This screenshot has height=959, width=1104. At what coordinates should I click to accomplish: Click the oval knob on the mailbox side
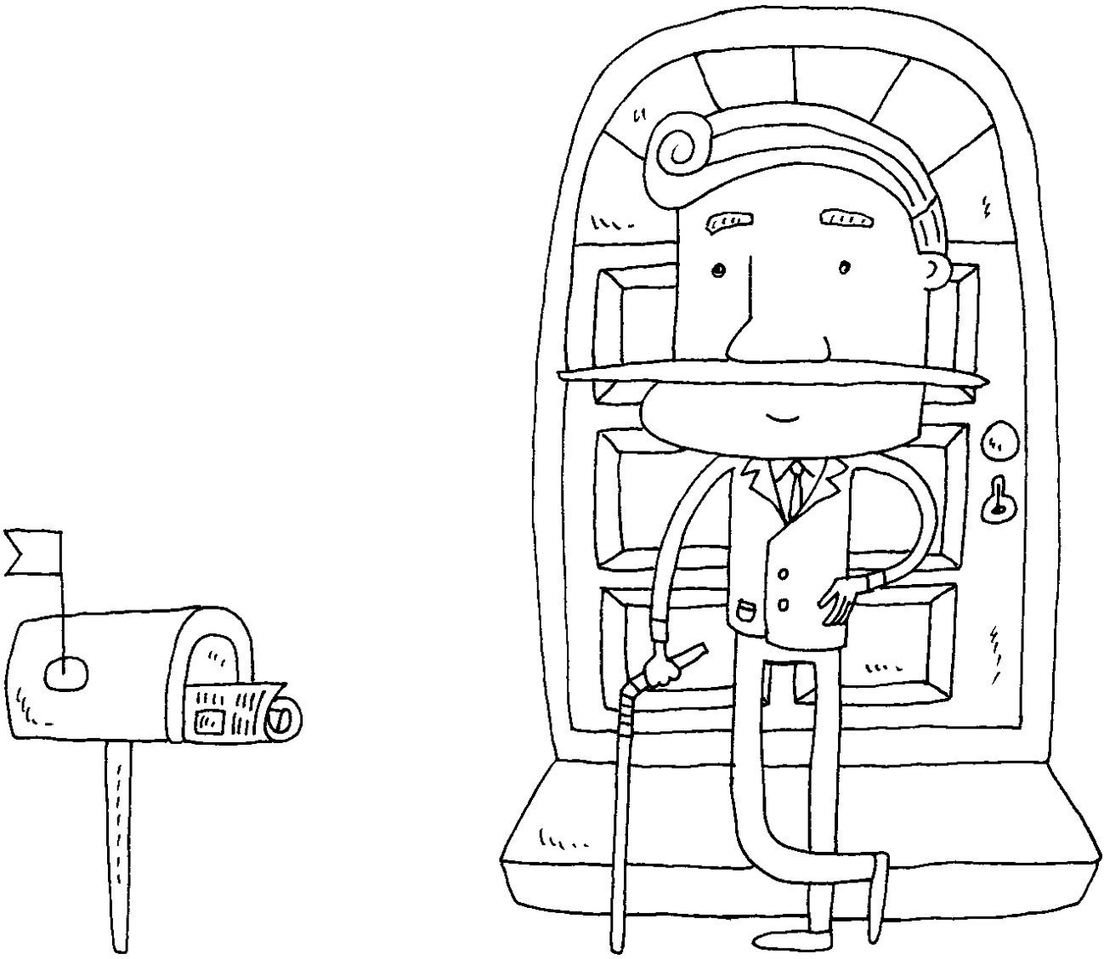click(x=65, y=673)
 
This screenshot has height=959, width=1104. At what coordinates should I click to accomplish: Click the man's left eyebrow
click(x=731, y=222)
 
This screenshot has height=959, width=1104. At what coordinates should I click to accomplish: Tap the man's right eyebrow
click(x=846, y=218)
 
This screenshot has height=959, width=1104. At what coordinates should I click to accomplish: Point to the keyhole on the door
click(x=998, y=501)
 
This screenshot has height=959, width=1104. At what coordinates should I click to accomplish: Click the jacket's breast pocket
click(x=744, y=610)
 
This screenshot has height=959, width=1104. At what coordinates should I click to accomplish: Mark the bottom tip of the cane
click(x=618, y=944)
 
